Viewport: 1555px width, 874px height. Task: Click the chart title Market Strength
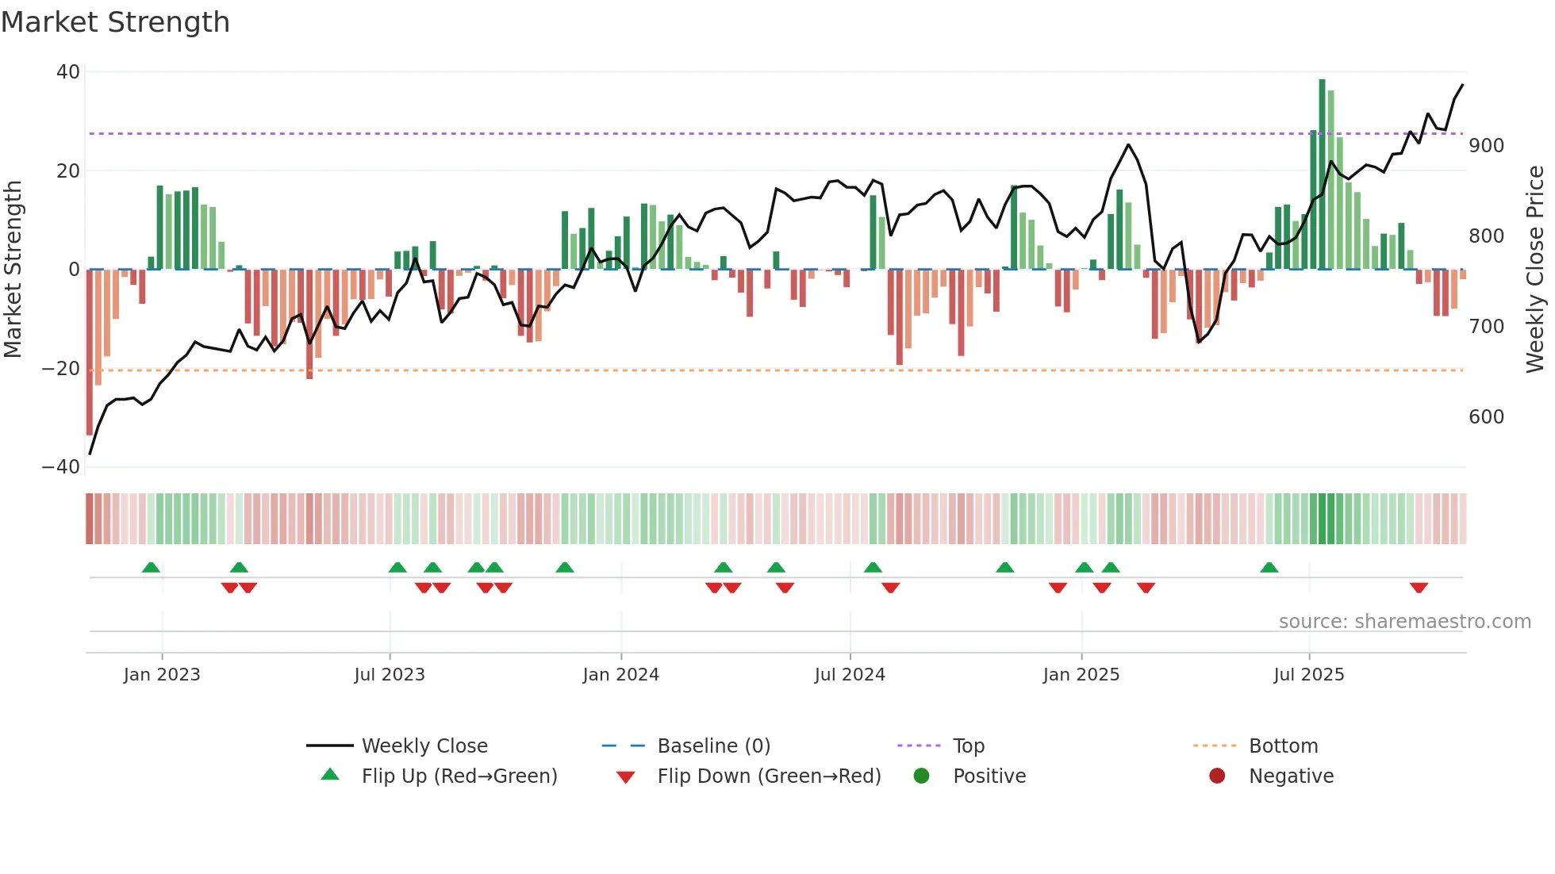click(115, 22)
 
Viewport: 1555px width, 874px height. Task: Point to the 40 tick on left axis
click(68, 72)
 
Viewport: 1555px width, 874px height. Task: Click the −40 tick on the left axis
click(61, 467)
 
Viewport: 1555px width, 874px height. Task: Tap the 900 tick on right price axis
click(1486, 146)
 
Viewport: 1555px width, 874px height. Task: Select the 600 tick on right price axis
click(1486, 417)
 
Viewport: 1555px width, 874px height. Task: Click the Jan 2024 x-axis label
click(620, 675)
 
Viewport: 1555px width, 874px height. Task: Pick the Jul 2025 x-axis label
click(1308, 675)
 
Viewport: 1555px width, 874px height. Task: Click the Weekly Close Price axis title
click(1535, 270)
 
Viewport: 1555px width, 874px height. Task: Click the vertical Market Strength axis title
click(13, 270)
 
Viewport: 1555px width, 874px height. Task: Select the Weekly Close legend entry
click(424, 746)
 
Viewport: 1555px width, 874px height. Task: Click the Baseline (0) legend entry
click(713, 746)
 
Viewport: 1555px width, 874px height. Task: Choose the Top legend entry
click(968, 746)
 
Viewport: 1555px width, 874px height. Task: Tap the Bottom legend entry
click(1283, 746)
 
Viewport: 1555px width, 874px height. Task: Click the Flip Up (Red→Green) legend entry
click(459, 776)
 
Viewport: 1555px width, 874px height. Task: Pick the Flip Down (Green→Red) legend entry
click(769, 776)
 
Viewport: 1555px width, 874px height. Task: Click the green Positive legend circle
click(921, 776)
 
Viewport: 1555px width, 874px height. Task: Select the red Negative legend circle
click(1217, 776)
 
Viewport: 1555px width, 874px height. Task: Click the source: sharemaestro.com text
click(1404, 622)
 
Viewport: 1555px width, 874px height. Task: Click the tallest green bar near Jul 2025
click(1322, 174)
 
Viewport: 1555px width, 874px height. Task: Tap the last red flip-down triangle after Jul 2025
click(1419, 588)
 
